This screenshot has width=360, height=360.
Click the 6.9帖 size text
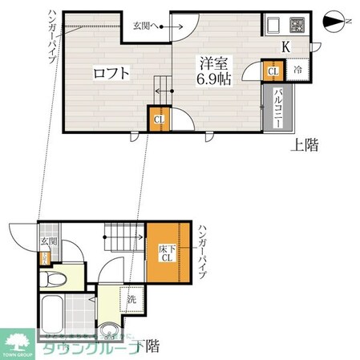215,81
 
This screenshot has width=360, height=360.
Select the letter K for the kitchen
285,47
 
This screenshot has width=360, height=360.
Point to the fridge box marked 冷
296,70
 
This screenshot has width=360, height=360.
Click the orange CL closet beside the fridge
273,72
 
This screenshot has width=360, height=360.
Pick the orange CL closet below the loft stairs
158,120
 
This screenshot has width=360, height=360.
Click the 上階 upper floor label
302,145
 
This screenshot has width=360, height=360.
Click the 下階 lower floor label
146,346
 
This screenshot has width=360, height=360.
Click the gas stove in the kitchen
297,24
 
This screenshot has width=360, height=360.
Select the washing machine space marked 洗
130,301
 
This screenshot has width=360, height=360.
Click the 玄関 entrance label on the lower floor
47,241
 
